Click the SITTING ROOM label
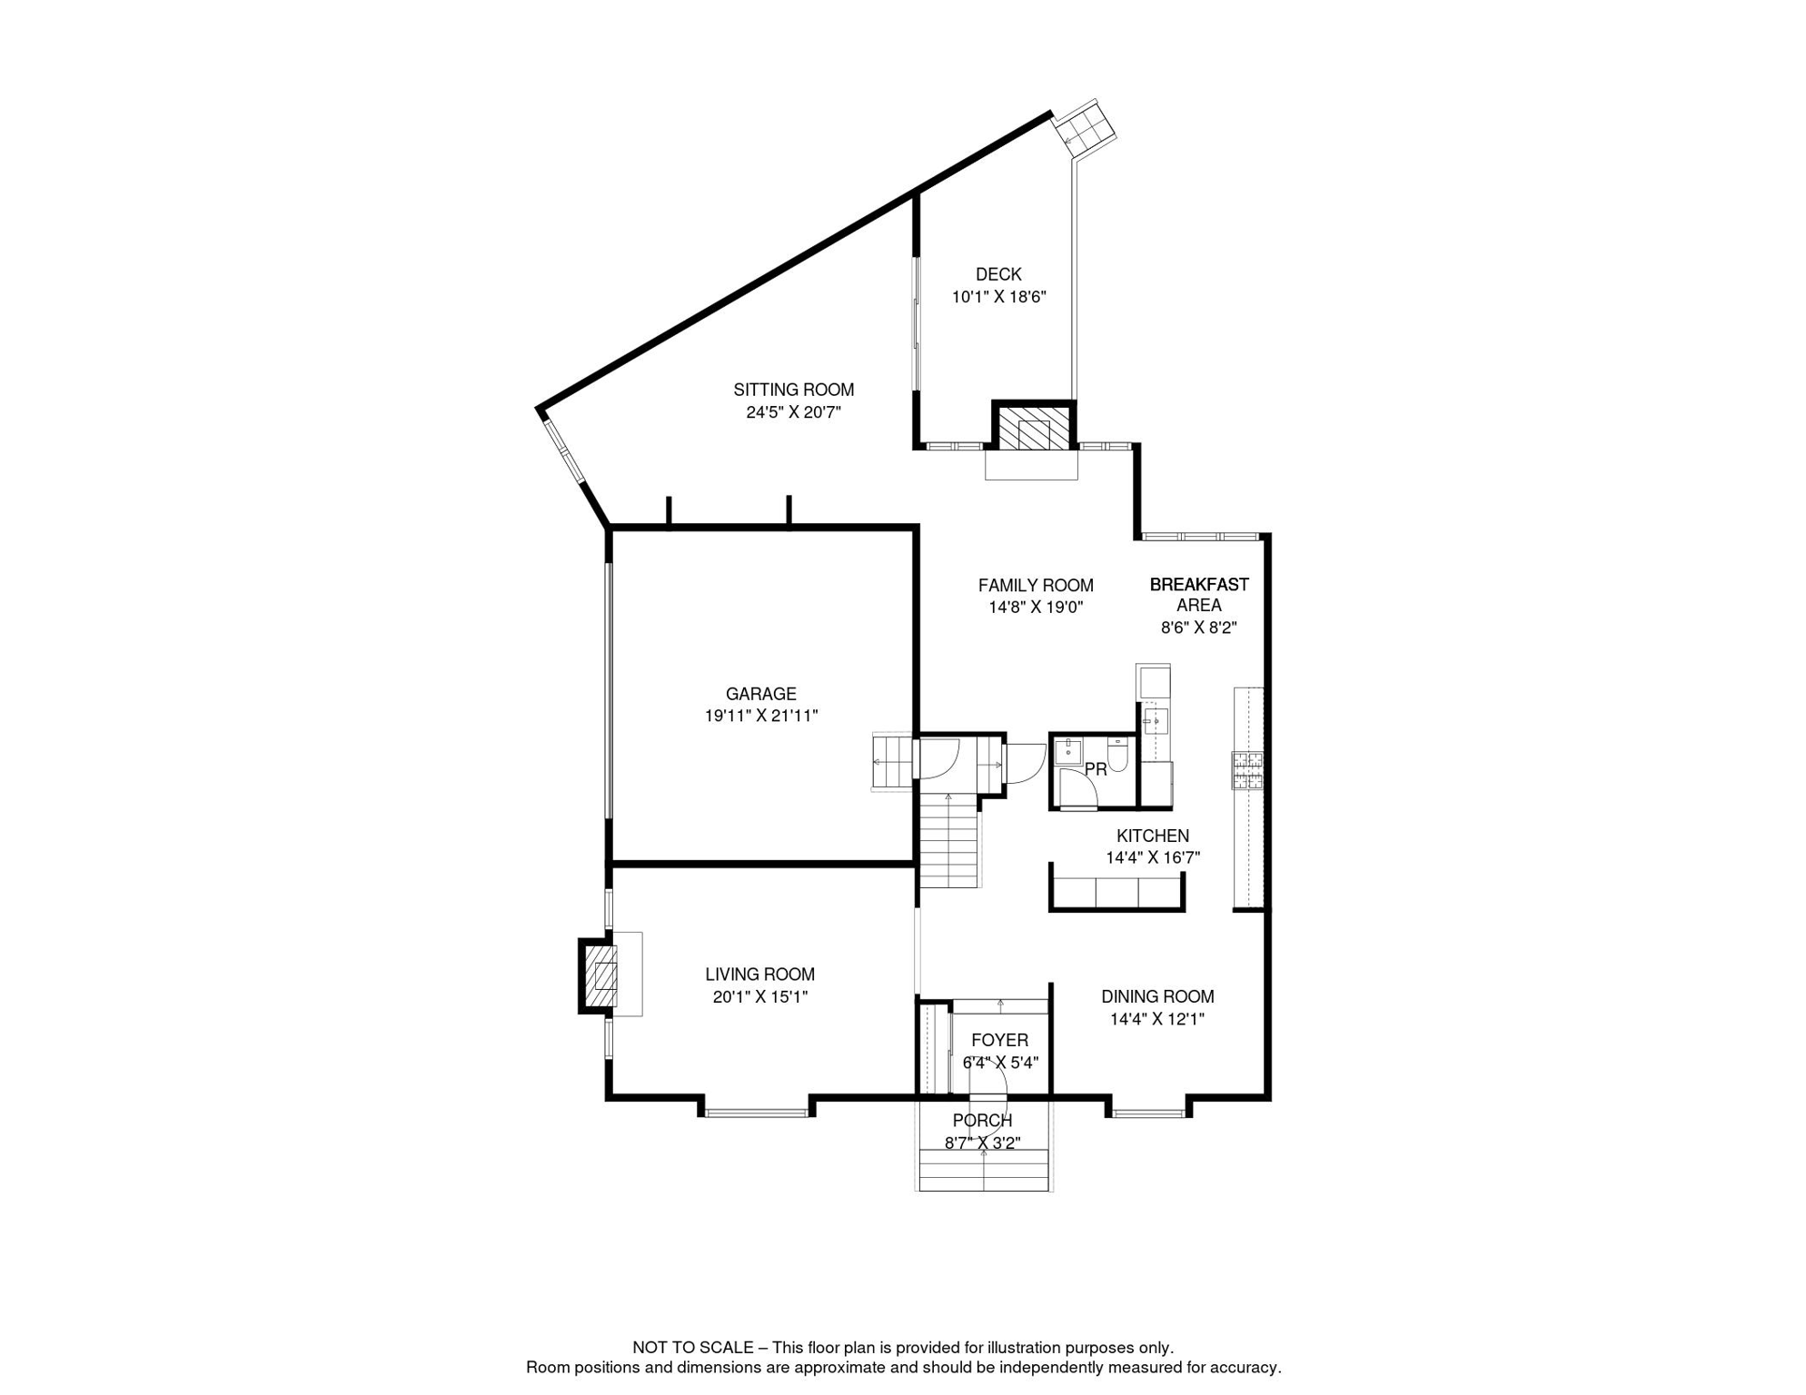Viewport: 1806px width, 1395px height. pos(793,390)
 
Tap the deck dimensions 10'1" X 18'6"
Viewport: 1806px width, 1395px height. pos(998,297)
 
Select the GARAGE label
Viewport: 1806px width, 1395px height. pos(760,694)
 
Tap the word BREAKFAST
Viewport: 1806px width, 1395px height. pos(1198,584)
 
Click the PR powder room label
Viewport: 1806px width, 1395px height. pos(1096,769)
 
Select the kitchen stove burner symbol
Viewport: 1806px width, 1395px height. pos(1247,770)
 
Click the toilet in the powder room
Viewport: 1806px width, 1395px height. pos(1118,756)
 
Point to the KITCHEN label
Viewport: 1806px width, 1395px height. pos(1152,836)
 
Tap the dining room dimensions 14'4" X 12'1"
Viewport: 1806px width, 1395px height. pos(1156,1019)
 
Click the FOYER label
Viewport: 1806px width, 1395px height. pos(999,1040)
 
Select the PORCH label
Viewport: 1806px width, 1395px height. pos(982,1121)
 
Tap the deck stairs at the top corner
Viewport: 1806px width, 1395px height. pos(1087,124)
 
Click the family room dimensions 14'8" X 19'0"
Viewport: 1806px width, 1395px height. pos(1036,608)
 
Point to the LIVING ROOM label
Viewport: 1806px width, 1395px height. pos(759,975)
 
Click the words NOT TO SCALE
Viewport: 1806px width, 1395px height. pos(693,1348)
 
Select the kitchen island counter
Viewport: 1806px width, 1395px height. pos(1116,893)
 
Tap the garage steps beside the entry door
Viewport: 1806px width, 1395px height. pos(890,761)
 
